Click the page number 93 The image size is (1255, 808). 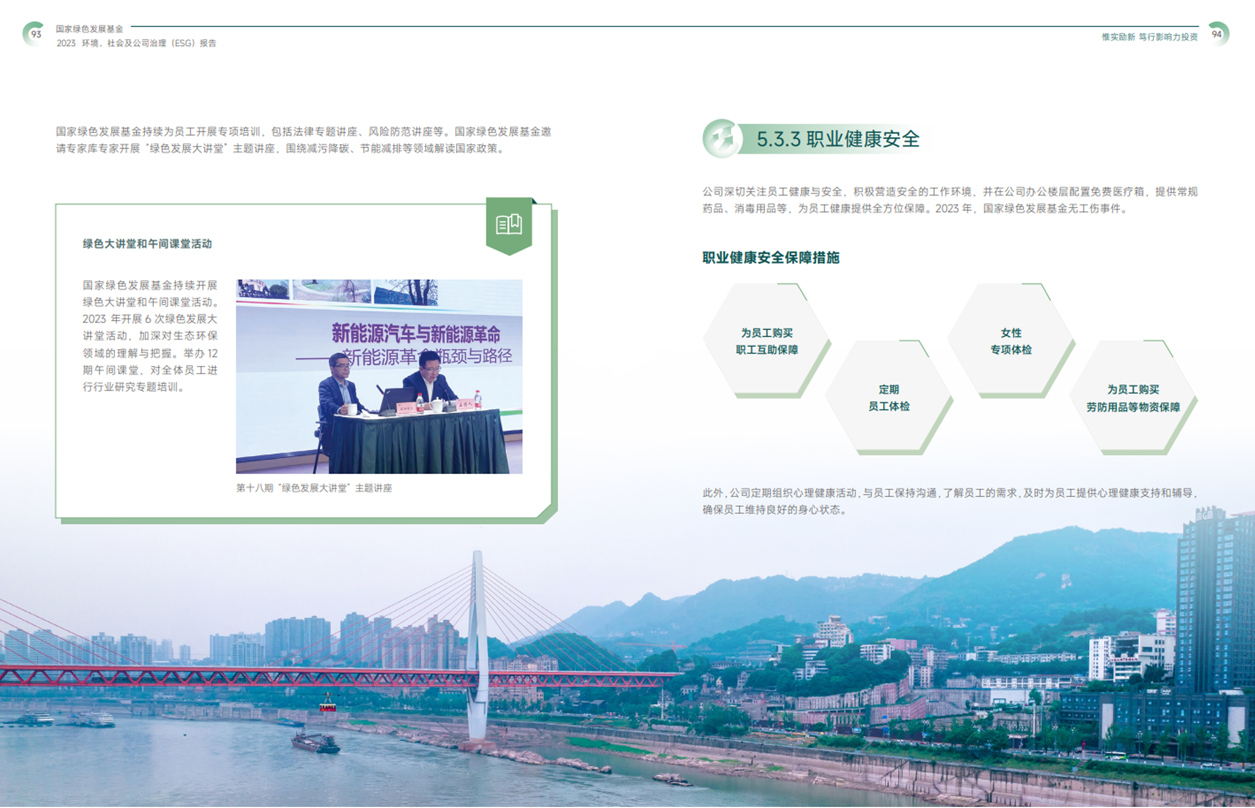coord(36,34)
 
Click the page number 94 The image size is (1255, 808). coord(1217,34)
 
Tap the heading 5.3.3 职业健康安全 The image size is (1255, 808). coord(838,139)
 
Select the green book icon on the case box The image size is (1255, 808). coord(509,225)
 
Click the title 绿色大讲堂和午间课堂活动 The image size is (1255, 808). coord(147,244)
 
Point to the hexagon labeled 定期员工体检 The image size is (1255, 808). coord(889,397)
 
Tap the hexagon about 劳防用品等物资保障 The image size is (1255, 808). coord(1133,397)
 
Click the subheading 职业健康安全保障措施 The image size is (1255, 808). coord(771,258)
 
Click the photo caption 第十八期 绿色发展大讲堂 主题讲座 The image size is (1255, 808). coord(314,488)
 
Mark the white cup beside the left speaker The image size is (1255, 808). coord(352,409)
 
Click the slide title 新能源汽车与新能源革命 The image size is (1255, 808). coord(416,334)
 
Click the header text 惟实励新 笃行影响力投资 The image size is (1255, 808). coord(1149,37)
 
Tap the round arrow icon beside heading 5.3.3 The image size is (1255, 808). coord(722,138)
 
